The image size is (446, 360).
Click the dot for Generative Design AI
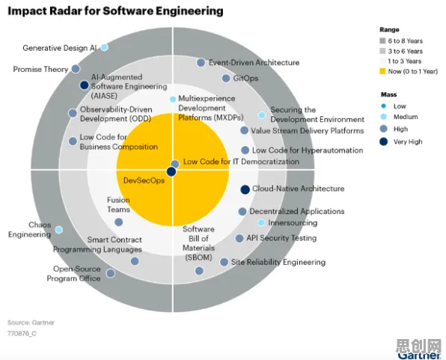point(105,47)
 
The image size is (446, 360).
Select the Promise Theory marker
point(76,69)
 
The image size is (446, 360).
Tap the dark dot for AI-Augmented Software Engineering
point(85,85)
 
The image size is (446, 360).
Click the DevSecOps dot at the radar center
point(171,172)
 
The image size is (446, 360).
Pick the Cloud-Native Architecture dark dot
point(245,189)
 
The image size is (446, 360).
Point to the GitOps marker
point(226,79)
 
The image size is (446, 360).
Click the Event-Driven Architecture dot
point(201,63)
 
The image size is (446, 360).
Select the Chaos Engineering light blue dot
point(59,230)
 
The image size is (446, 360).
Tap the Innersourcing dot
point(261,222)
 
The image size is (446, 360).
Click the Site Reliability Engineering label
point(278,262)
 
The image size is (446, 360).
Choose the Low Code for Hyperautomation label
point(308,150)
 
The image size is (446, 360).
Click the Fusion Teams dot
point(119,222)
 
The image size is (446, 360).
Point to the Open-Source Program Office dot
point(111,273)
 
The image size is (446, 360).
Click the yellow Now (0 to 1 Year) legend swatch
point(382,71)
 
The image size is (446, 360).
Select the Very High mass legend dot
point(384,141)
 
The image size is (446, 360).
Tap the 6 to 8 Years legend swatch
point(382,40)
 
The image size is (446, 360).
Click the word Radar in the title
point(75,11)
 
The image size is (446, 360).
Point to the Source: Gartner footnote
point(31,323)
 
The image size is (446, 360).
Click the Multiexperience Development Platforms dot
point(173,100)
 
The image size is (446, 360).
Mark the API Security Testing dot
point(239,239)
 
